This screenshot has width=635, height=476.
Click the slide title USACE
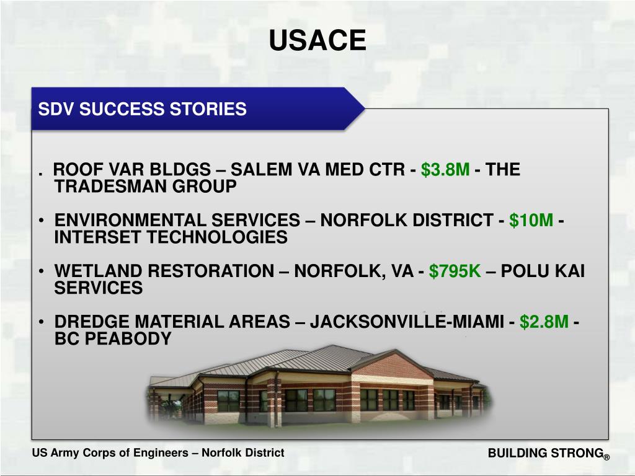(x=317, y=41)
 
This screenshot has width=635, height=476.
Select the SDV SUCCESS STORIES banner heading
(x=143, y=110)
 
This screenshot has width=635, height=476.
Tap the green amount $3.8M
(x=445, y=170)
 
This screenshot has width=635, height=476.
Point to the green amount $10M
(x=531, y=221)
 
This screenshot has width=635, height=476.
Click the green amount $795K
(x=455, y=271)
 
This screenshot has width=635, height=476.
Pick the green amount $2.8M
(x=544, y=322)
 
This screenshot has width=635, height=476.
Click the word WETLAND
(x=92, y=271)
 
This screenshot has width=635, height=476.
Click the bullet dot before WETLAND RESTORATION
(x=40, y=271)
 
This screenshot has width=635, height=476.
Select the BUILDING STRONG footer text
(x=545, y=453)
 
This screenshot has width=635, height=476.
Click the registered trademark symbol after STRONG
(x=606, y=457)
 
